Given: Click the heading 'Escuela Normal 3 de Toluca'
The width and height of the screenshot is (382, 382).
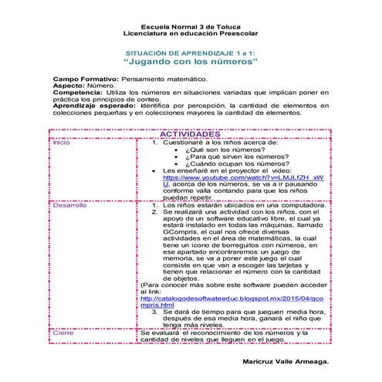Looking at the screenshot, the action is [190, 28].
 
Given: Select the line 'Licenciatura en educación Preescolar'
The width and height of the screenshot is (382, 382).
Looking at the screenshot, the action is [190, 35].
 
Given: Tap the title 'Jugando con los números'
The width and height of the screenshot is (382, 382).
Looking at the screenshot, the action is [190, 59].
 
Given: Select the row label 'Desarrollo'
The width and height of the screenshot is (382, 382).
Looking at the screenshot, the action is [69, 205].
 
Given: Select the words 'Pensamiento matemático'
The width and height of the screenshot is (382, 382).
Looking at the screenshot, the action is [163, 79].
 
